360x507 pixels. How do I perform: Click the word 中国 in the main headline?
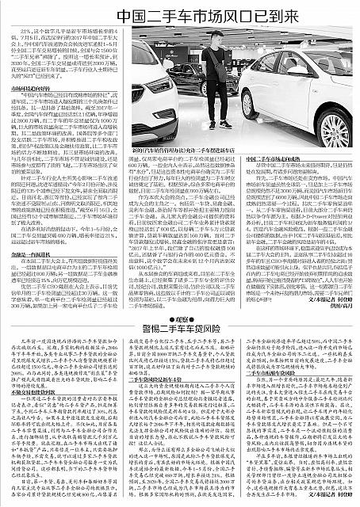[x=107, y=15]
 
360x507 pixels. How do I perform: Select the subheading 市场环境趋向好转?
[x=37, y=90]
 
